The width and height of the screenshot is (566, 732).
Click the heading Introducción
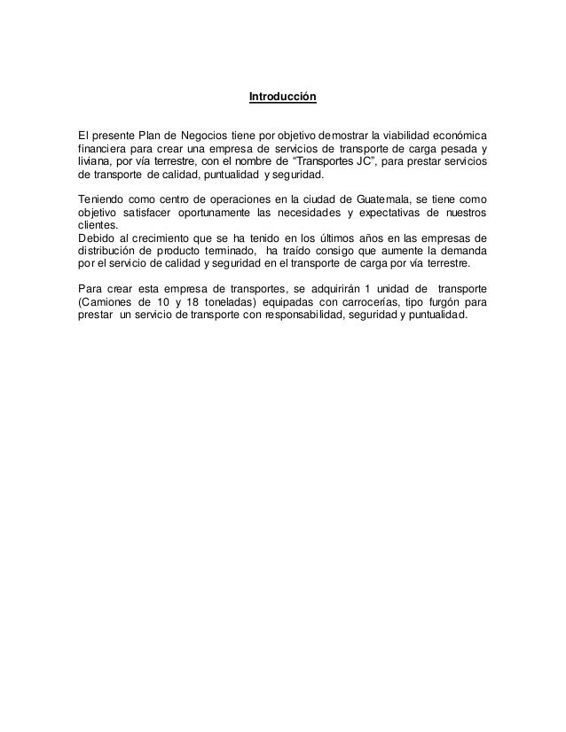click(282, 95)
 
